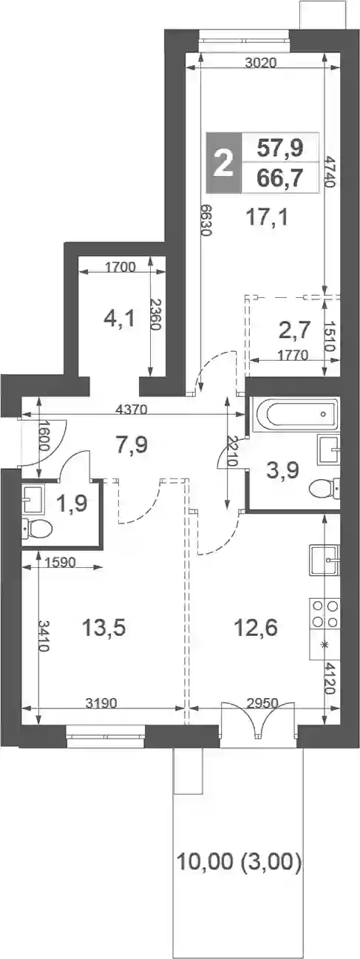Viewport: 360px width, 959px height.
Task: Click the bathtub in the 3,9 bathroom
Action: (x=296, y=413)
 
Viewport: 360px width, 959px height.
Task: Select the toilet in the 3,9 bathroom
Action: (x=325, y=487)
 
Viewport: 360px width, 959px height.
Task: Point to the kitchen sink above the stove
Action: (x=325, y=560)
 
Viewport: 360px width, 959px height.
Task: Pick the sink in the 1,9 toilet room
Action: (x=33, y=498)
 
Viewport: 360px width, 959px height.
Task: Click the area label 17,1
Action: (x=268, y=217)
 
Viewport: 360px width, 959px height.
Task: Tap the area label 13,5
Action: (x=103, y=628)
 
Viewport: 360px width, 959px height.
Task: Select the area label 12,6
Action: (x=256, y=628)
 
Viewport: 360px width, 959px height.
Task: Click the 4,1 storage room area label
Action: (x=120, y=319)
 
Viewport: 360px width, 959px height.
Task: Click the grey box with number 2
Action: (x=224, y=162)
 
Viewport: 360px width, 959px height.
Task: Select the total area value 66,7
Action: (x=280, y=177)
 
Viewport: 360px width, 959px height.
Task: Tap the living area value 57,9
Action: (x=280, y=148)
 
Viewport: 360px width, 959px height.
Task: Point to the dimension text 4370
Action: (x=132, y=410)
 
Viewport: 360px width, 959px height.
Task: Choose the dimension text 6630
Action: (x=206, y=220)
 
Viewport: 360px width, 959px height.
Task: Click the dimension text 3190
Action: (x=101, y=703)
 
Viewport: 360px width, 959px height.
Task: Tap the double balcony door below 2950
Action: (x=258, y=719)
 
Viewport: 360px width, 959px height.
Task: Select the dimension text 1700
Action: (x=120, y=268)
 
